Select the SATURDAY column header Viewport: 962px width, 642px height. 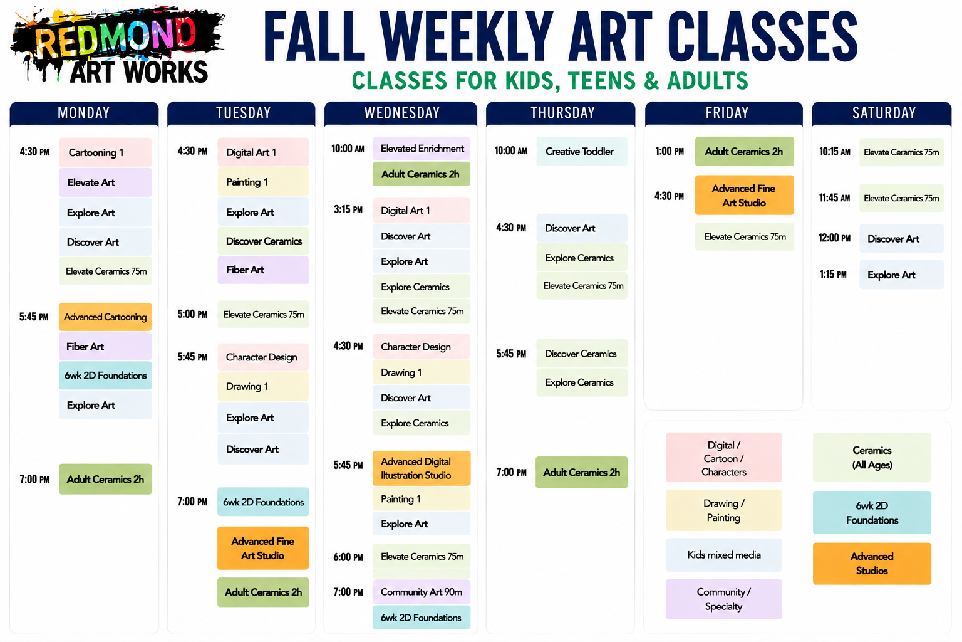[x=883, y=113]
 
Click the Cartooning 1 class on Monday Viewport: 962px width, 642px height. [x=105, y=152]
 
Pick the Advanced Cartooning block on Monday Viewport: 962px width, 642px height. [x=105, y=317]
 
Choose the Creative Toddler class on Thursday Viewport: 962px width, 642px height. [x=581, y=151]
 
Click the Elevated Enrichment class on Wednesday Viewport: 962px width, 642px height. [x=422, y=149]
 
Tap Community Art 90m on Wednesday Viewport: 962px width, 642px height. [x=422, y=592]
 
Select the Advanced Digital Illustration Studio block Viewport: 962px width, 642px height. [x=422, y=468]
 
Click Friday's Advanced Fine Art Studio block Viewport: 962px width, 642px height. [x=744, y=195]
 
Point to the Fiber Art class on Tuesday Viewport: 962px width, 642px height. [x=263, y=270]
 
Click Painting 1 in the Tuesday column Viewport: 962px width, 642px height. [x=263, y=182]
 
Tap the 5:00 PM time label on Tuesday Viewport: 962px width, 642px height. [x=192, y=314]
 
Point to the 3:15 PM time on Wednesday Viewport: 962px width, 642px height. [x=348, y=210]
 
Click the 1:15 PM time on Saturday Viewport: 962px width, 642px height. [x=833, y=275]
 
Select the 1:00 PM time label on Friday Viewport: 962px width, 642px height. [x=670, y=151]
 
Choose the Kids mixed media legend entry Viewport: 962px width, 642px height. [x=723, y=555]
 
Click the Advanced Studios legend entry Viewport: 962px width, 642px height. [x=872, y=563]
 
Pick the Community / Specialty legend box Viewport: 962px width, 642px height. [x=723, y=599]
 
